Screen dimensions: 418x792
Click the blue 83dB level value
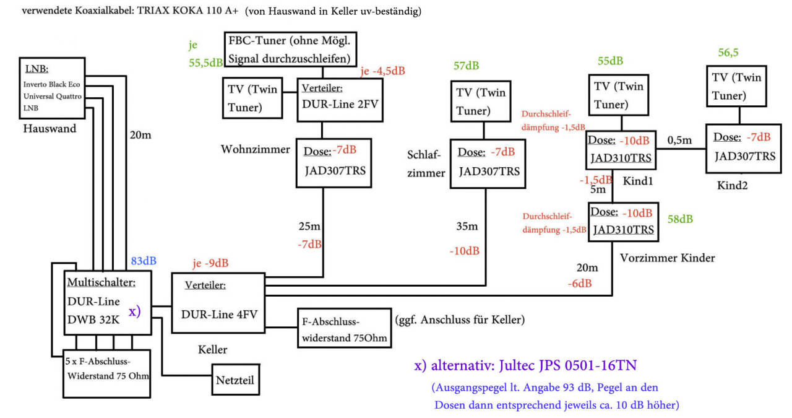144,261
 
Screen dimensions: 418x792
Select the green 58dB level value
680,219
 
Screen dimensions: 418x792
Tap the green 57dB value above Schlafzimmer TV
467,66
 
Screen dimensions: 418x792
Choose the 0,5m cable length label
680,141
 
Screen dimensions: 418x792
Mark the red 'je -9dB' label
210,263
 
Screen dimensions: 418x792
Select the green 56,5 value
728,53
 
